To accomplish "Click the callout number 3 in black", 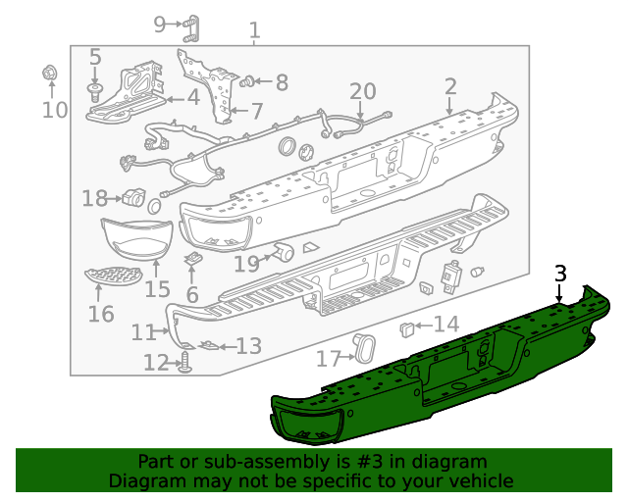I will coord(560,273).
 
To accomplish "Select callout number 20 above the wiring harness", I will coord(362,91).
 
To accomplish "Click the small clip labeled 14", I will coord(407,326).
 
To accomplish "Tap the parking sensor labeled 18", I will coord(132,196).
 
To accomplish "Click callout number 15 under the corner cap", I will coord(157,289).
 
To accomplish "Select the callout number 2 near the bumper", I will coord(450,85).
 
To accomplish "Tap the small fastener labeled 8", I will coord(248,80).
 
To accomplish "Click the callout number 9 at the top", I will coord(160,24).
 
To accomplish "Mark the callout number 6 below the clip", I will coord(191,294).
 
